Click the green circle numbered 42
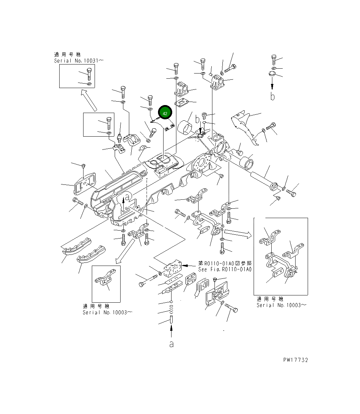click(165, 113)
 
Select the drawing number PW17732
click(295, 360)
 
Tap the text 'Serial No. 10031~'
click(79, 61)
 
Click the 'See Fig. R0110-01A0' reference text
click(225, 269)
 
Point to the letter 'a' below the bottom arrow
click(171, 344)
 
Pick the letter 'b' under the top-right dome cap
click(273, 96)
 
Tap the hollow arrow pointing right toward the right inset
click(237, 233)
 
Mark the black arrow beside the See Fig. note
click(189, 265)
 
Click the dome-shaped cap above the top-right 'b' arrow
click(272, 74)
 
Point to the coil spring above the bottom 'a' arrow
click(172, 307)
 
